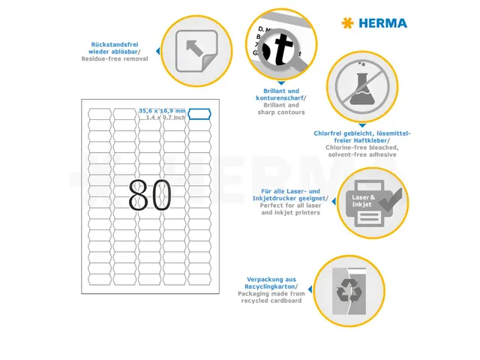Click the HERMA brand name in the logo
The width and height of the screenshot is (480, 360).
(x=382, y=23)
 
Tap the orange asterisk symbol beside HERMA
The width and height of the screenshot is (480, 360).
(x=346, y=23)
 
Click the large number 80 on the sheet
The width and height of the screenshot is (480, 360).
(x=150, y=196)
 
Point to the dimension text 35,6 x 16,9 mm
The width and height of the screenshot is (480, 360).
(x=161, y=111)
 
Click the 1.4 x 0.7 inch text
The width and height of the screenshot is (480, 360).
(x=165, y=118)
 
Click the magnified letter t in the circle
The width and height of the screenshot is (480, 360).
(x=281, y=51)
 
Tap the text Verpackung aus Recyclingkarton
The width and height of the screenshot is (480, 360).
(x=271, y=283)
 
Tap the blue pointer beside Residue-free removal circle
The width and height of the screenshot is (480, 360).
(x=157, y=52)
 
